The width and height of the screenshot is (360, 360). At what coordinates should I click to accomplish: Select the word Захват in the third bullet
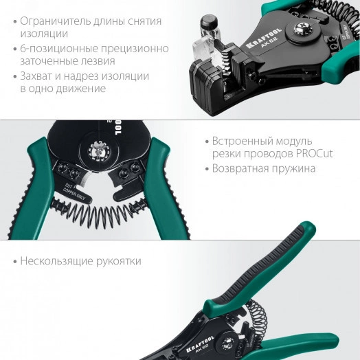coord(40,76)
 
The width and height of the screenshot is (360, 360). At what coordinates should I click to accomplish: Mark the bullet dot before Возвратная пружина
coord(205,168)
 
